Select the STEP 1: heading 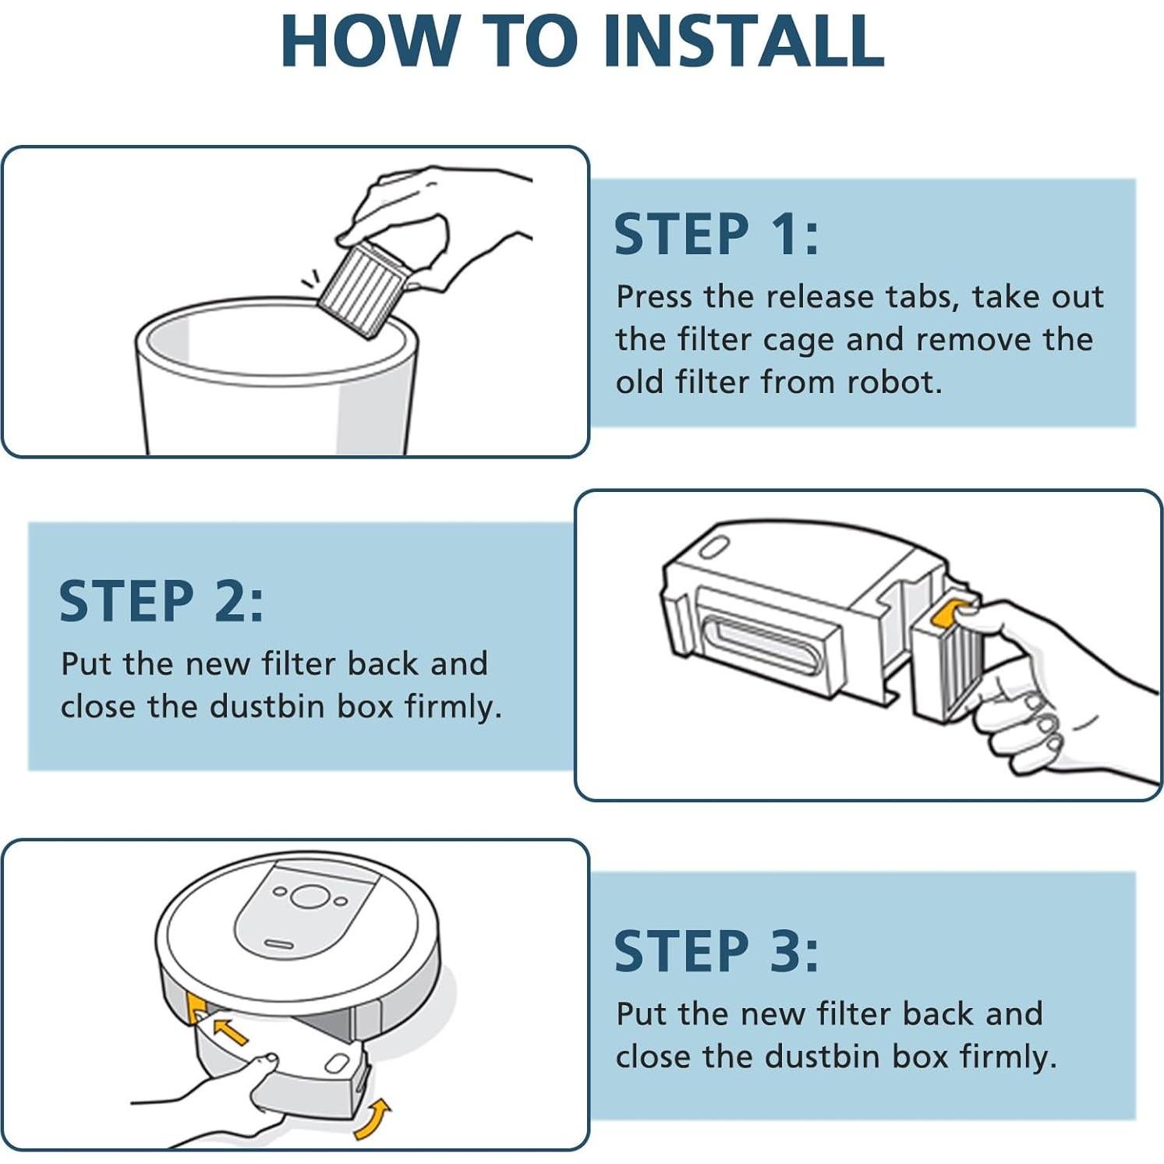[716, 234]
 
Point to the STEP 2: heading [161, 601]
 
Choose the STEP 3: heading [716, 951]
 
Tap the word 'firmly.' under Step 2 [453, 706]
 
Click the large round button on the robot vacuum [310, 897]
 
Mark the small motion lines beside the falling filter [311, 278]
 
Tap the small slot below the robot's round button [278, 944]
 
